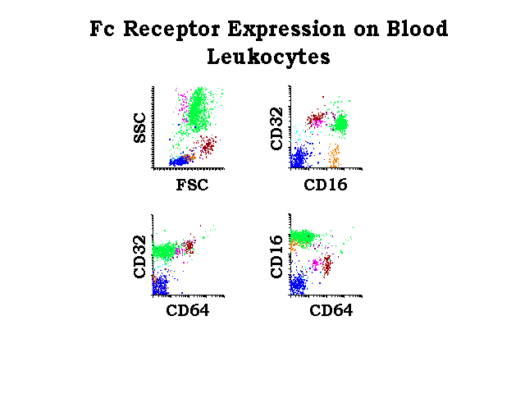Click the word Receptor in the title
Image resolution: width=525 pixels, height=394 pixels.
171,30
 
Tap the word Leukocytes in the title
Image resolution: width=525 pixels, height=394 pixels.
268,57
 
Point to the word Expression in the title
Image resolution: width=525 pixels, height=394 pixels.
286,30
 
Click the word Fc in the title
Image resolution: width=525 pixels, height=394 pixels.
102,29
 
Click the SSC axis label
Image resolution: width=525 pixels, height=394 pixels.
140,128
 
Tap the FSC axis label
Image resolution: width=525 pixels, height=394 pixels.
192,185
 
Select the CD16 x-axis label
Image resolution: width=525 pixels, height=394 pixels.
326,185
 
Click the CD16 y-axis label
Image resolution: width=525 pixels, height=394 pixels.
276,257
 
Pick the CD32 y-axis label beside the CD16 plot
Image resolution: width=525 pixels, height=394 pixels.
276,129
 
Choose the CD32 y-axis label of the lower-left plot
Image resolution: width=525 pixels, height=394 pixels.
139,257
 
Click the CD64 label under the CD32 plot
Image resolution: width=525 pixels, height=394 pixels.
188,310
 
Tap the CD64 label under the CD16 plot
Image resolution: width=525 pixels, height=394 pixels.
331,310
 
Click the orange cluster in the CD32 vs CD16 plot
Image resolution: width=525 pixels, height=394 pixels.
334,155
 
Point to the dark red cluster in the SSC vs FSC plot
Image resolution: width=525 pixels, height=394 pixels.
207,146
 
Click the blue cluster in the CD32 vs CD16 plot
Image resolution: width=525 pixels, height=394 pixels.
299,156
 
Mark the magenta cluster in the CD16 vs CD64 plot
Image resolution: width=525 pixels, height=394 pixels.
315,264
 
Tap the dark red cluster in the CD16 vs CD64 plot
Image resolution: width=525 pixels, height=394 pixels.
326,264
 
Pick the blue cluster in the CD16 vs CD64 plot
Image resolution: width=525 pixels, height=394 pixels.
298,284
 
